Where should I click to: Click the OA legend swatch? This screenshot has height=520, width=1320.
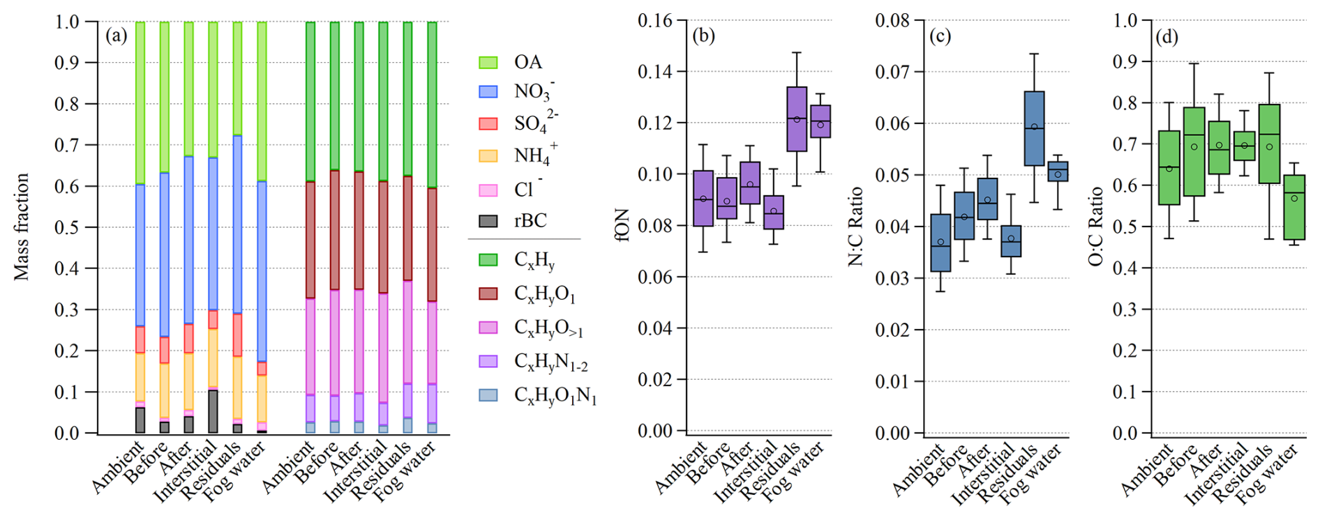(x=488, y=62)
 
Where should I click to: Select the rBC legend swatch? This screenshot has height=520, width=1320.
(x=488, y=221)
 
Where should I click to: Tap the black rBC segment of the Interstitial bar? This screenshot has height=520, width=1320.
(x=213, y=411)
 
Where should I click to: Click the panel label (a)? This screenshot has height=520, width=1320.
(x=117, y=35)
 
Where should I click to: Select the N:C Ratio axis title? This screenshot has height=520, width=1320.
(x=855, y=227)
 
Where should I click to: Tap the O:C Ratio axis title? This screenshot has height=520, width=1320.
(x=1095, y=227)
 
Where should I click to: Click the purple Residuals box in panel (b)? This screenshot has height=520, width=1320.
(x=797, y=119)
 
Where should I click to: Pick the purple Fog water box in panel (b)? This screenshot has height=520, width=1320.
(x=820, y=121)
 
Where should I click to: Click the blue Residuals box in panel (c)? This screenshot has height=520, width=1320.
(x=1034, y=128)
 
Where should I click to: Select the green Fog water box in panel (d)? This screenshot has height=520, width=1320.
(x=1294, y=207)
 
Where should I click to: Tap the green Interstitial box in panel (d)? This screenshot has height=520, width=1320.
(x=1244, y=146)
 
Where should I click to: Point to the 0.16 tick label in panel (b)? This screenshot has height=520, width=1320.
(x=655, y=20)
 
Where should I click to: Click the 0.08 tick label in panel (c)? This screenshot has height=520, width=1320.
(x=893, y=20)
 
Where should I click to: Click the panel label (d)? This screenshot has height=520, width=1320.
(x=1167, y=36)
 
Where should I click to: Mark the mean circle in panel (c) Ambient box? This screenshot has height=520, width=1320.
(x=940, y=242)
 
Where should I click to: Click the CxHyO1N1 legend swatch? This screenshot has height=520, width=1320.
(x=488, y=395)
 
